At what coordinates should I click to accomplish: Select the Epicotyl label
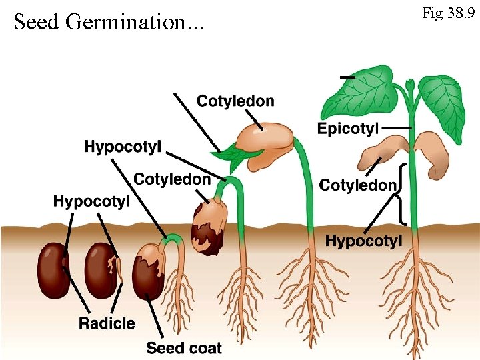[348, 129]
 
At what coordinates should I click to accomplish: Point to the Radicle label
[107, 324]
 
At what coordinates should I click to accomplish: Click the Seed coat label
[184, 347]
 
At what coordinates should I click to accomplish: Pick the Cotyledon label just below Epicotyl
[358, 185]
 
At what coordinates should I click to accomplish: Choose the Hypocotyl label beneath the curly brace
[363, 241]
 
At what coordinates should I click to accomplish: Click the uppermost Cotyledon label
[235, 101]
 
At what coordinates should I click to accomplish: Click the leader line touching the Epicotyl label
[397, 127]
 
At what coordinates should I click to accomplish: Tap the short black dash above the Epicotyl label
[347, 78]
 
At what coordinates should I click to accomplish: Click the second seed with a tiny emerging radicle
[101, 270]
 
